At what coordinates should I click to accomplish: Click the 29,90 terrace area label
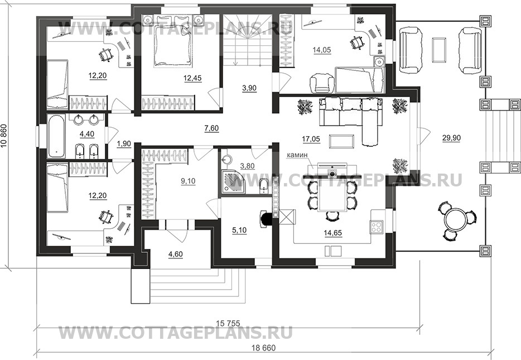451,138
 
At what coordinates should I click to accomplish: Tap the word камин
298,155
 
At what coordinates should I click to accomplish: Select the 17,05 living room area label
311,139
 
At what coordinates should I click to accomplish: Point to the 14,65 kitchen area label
332,233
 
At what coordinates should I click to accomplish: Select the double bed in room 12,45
172,41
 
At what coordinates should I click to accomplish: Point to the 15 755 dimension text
228,323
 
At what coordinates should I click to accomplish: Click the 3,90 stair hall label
249,88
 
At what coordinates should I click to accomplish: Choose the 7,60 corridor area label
211,128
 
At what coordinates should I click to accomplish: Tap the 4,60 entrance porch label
176,255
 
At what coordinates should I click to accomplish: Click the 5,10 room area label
239,230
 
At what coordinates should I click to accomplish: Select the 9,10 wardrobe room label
188,181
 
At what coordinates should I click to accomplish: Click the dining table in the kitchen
332,196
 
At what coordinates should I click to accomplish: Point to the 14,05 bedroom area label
322,50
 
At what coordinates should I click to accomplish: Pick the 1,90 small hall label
124,143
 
